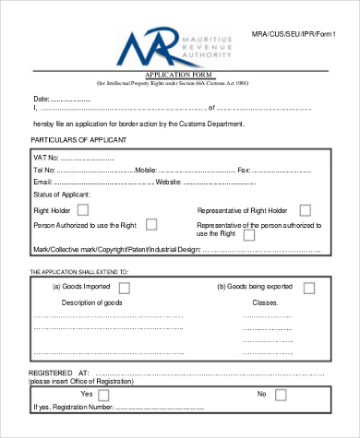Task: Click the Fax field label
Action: (x=244, y=171)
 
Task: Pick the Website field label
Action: (x=169, y=183)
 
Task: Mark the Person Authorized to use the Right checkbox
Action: (x=151, y=224)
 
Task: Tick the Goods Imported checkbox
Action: (x=124, y=288)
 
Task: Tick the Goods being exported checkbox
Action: (x=308, y=288)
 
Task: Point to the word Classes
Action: (x=266, y=302)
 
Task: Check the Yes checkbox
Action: (x=103, y=395)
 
